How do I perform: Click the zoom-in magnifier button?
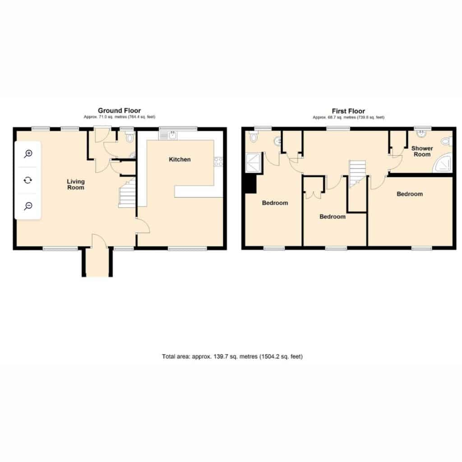[x=28, y=154]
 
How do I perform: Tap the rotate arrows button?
[x=28, y=180]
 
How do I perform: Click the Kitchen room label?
[x=180, y=159]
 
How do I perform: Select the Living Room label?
[x=76, y=185]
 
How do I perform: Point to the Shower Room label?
[x=422, y=151]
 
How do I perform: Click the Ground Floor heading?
[x=119, y=111]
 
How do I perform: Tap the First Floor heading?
[x=348, y=111]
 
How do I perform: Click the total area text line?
[x=232, y=356]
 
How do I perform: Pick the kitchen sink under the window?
[x=168, y=135]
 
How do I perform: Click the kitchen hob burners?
[x=218, y=162]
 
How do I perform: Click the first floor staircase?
[x=358, y=174]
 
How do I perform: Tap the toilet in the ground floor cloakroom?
[x=129, y=137]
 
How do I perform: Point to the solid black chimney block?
[x=250, y=184]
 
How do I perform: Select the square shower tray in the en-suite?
[x=253, y=163]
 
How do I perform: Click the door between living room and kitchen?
[x=143, y=226]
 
